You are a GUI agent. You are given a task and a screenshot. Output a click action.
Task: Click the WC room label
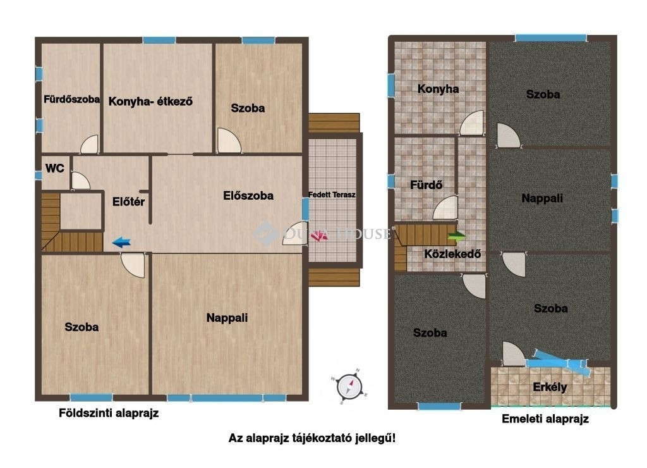(x=55, y=168)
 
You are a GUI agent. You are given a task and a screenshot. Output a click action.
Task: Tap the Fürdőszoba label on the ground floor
(x=72, y=99)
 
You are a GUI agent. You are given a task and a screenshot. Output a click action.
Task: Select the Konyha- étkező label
(x=150, y=101)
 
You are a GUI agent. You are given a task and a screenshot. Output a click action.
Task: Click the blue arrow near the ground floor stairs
(x=121, y=242)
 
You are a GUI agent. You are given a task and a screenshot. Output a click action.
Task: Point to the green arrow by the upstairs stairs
(x=457, y=237)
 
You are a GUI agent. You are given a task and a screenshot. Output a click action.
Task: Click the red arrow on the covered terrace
(x=319, y=237)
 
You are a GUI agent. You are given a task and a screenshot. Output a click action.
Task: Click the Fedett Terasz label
(x=332, y=195)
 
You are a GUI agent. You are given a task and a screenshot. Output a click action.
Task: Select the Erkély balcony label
(x=550, y=387)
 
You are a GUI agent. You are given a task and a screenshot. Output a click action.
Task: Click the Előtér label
(x=128, y=202)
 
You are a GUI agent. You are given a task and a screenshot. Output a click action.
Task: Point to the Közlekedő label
(x=452, y=254)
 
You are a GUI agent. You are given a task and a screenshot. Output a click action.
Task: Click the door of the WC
(x=80, y=181)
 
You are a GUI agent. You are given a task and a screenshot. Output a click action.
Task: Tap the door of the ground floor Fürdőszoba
(x=90, y=145)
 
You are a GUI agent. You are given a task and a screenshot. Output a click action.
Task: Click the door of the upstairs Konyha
(x=471, y=123)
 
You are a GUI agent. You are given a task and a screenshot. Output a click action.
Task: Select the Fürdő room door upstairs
(x=445, y=208)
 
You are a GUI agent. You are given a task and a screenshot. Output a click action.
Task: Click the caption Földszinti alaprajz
(x=109, y=413)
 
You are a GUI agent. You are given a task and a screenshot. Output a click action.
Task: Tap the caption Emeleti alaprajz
(x=545, y=419)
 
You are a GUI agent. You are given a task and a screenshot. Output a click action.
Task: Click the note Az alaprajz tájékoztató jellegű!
(x=312, y=438)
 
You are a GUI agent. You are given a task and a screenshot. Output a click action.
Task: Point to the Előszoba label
(x=248, y=195)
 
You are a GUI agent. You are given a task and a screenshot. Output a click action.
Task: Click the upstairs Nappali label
(x=542, y=199)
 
